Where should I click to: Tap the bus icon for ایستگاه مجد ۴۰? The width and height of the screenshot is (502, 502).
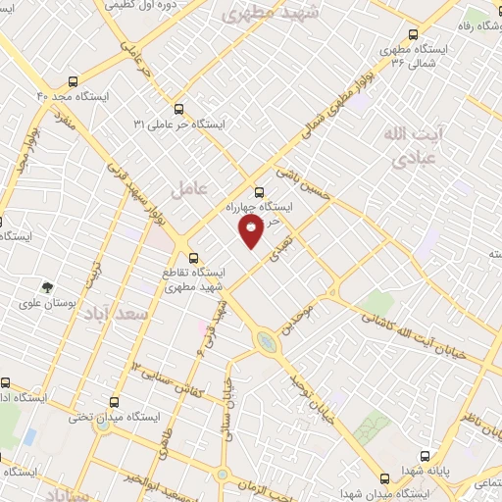pos(74,82)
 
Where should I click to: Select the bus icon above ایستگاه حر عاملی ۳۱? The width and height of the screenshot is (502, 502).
pos(178,110)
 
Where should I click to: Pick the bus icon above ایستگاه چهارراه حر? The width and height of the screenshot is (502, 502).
pos(259,192)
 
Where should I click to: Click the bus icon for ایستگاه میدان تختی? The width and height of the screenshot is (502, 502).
pos(115,402)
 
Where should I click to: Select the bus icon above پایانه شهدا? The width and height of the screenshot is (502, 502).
pos(426,455)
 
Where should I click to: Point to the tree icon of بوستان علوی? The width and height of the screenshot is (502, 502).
pos(47,287)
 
